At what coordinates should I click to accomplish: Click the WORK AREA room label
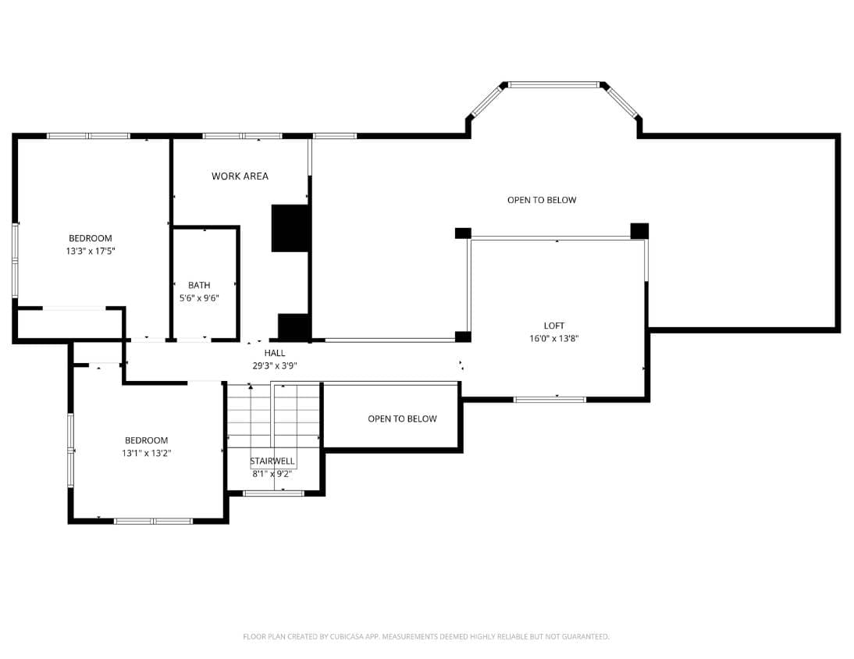click(x=240, y=176)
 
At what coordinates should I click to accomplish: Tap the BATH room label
click(x=199, y=285)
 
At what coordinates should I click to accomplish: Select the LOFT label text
click(x=554, y=326)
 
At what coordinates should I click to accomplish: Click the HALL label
click(x=275, y=353)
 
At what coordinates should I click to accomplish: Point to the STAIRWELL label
click(x=272, y=461)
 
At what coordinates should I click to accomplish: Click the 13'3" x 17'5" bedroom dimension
click(x=91, y=251)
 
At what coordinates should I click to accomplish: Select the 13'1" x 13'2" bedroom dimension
click(x=147, y=453)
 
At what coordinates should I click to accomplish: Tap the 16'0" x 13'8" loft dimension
click(x=554, y=338)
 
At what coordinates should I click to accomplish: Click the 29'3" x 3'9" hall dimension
click(x=275, y=365)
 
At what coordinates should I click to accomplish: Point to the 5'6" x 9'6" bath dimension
click(x=199, y=298)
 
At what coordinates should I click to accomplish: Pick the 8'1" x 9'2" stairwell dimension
click(x=272, y=474)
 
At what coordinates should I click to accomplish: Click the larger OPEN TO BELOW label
click(x=542, y=200)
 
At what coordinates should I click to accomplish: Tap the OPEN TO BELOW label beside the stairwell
click(x=403, y=419)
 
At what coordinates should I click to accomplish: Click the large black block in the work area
click(x=290, y=228)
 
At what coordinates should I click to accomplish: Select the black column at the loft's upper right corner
click(x=639, y=231)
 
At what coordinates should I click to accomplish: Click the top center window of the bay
click(x=553, y=85)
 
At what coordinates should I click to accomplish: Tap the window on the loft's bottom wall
click(x=550, y=400)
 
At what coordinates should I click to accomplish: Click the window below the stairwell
click(x=273, y=493)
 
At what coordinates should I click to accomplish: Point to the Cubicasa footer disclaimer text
click(x=426, y=636)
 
